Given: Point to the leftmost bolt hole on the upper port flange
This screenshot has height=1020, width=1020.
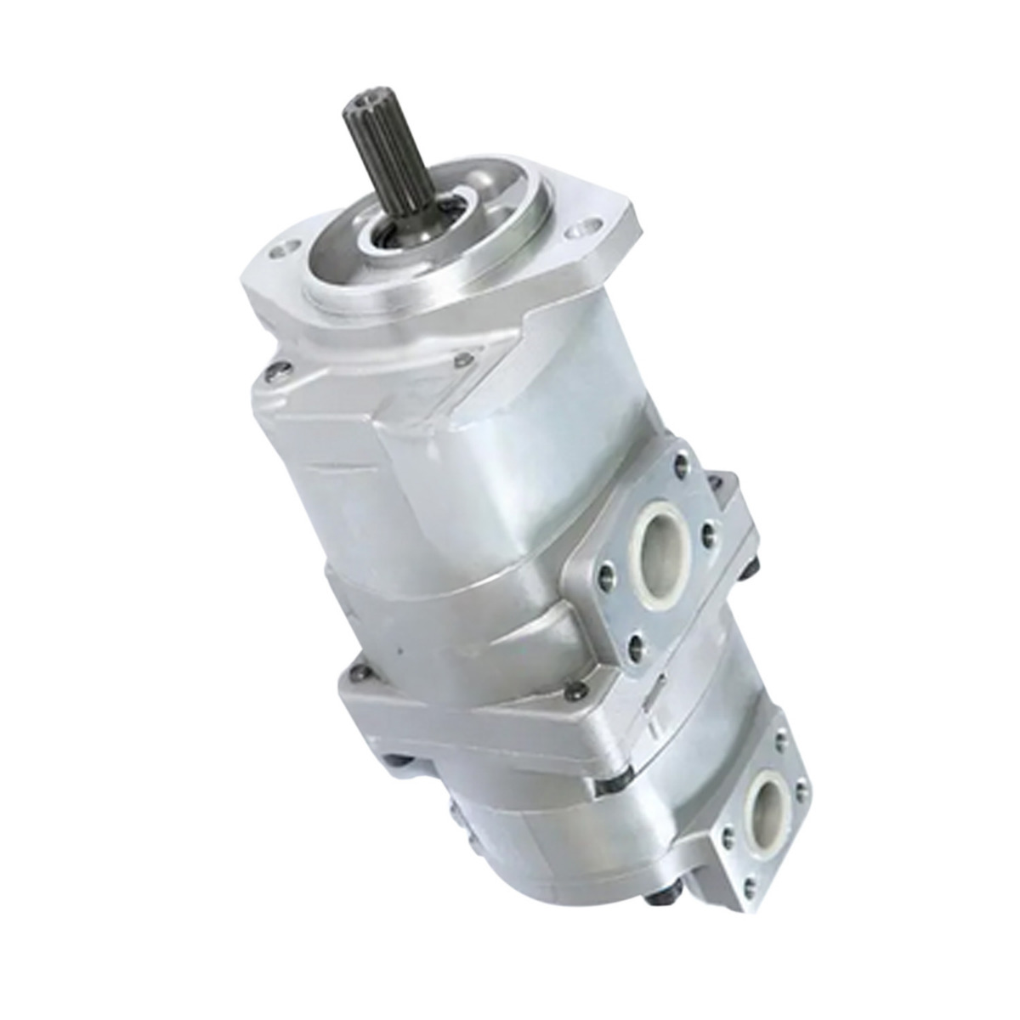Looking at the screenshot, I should coord(606,576).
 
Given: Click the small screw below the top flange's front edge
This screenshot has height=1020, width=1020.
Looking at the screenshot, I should coord(463,361).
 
